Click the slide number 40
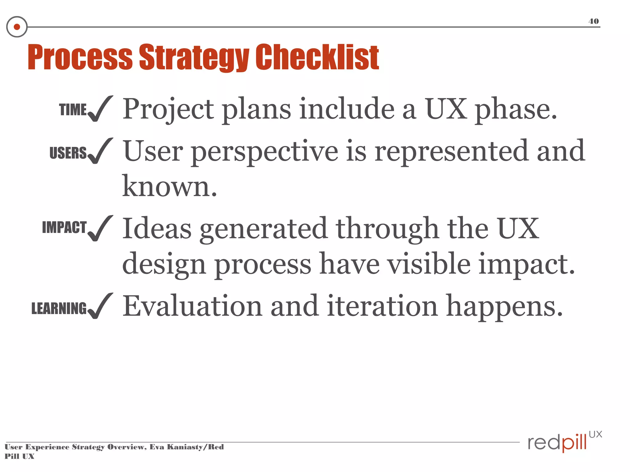point(593,21)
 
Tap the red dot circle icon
point(17,27)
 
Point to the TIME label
point(73,110)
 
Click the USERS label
point(68,153)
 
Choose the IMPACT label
point(64,227)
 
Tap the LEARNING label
point(59,308)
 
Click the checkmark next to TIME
point(100,109)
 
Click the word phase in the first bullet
point(516,110)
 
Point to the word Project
point(168,110)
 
